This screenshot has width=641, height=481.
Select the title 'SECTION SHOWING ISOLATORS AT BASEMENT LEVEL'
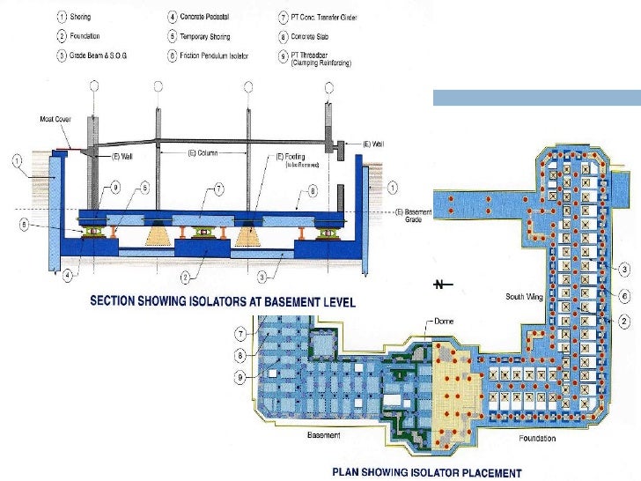pyautogui.click(x=223, y=301)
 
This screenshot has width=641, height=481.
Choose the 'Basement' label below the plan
pyautogui.click(x=322, y=435)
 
